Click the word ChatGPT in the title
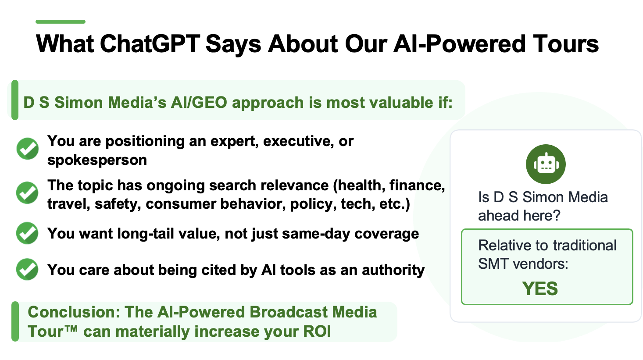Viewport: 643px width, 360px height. [x=150, y=44]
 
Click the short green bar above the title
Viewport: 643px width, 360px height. [x=61, y=21]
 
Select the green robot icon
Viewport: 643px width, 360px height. [x=546, y=164]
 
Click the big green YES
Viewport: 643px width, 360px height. [x=540, y=289]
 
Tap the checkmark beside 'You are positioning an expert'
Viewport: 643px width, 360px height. [x=28, y=149]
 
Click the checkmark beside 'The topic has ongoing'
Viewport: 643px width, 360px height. [x=28, y=193]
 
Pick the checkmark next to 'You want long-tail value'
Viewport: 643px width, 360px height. [x=28, y=233]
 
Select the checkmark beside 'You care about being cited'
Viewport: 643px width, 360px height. [x=28, y=269]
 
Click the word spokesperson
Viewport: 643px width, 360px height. [x=97, y=160]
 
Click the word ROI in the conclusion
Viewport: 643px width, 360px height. [x=317, y=331]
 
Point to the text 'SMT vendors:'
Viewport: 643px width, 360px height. [x=523, y=264]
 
